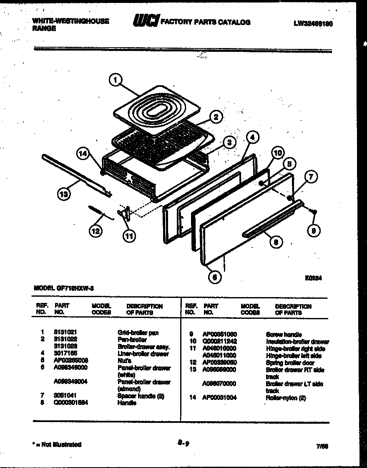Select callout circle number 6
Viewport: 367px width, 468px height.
coord(214,277)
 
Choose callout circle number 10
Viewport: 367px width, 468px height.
coord(278,153)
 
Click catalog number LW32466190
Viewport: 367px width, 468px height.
coord(313,24)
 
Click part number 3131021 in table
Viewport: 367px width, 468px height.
coord(65,333)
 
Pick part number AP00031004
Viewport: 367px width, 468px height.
coord(220,398)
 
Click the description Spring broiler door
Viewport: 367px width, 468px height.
coord(290,363)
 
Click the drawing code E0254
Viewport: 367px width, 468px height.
coord(313,277)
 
